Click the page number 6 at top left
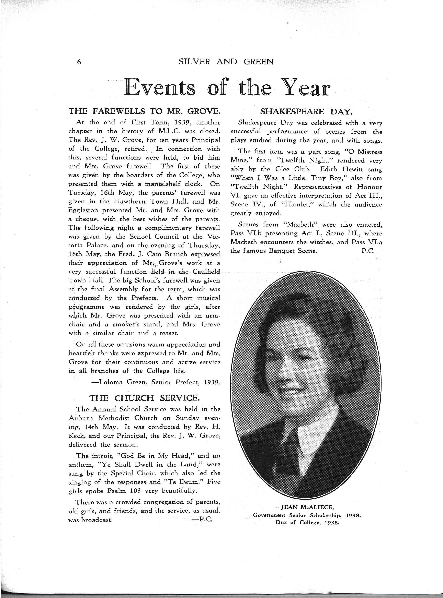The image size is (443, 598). tap(79, 62)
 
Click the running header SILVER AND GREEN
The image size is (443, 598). tap(226, 62)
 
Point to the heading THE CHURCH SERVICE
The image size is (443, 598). tap(145, 398)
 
